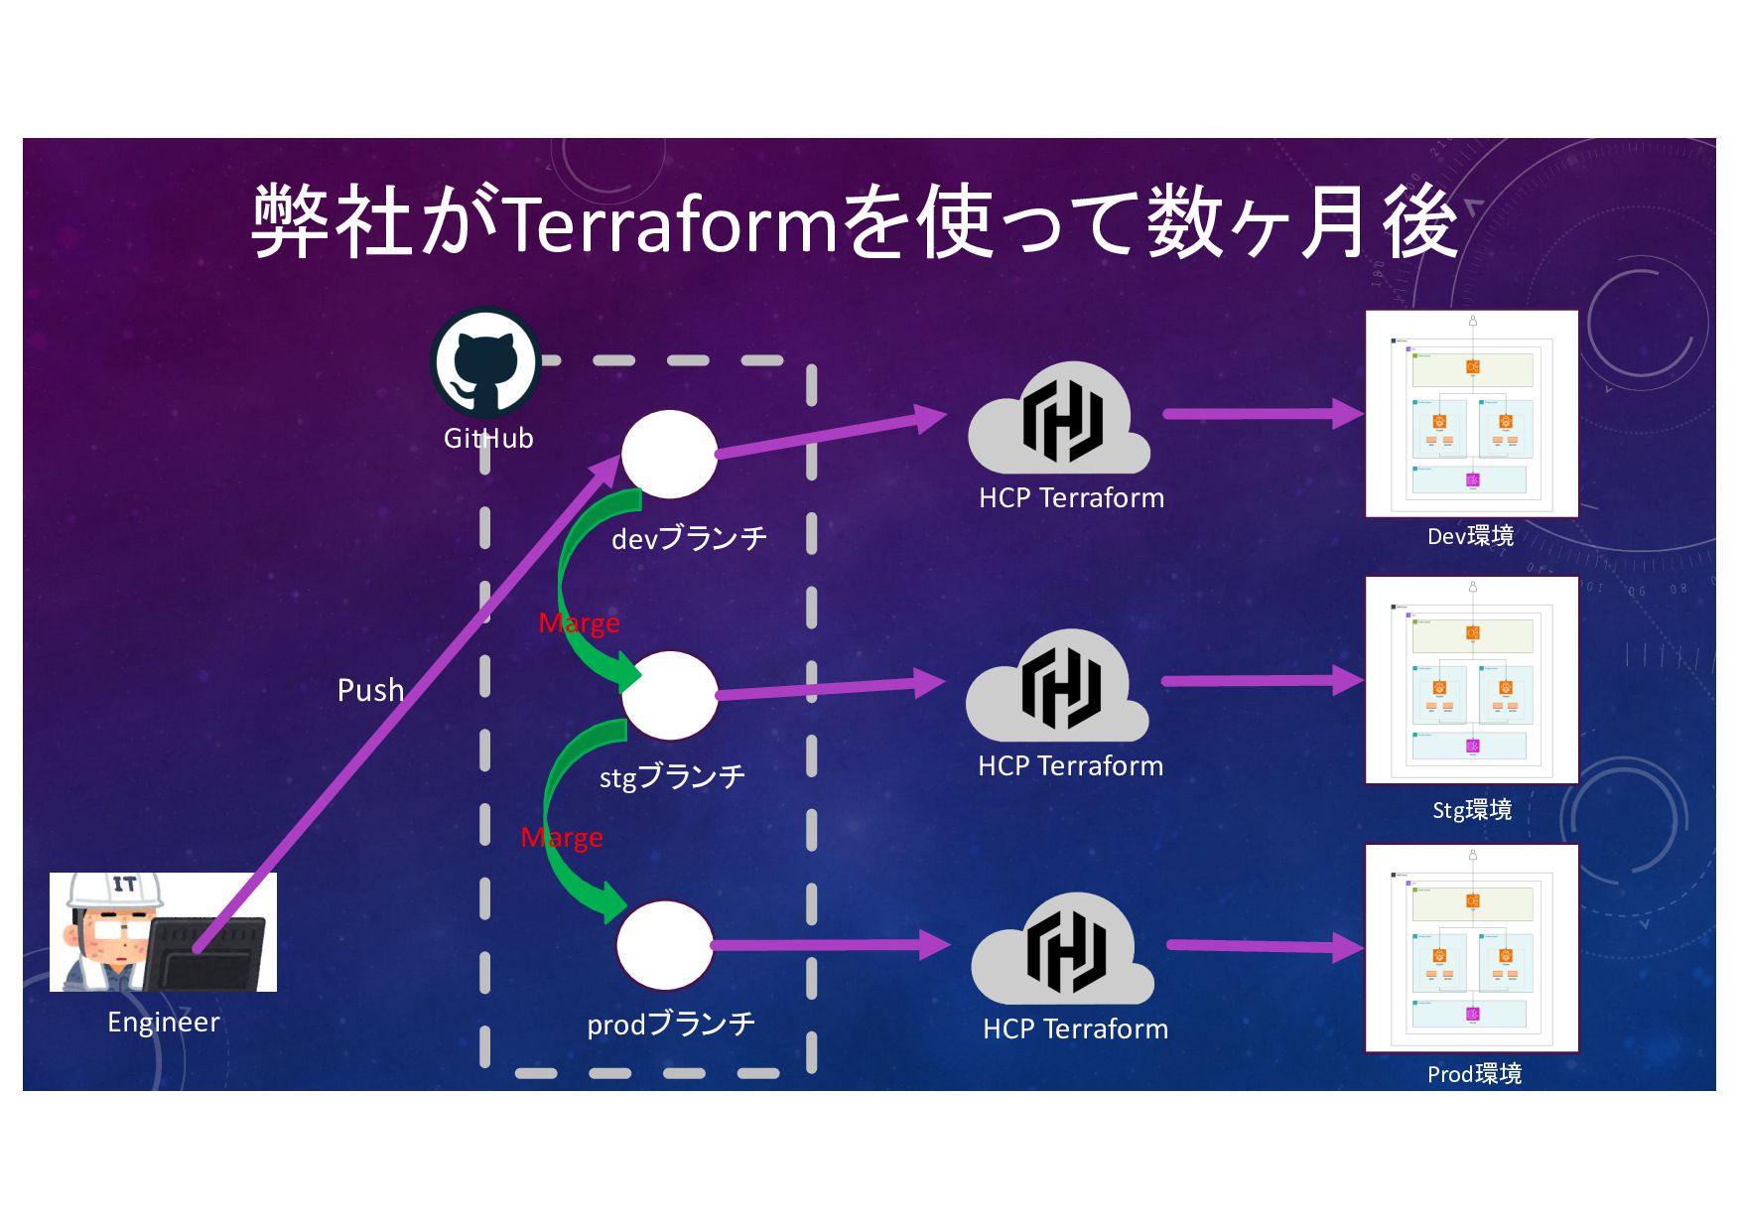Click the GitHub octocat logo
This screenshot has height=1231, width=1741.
point(485,363)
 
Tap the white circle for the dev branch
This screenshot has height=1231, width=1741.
point(669,454)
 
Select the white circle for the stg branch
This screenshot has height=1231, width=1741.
point(669,695)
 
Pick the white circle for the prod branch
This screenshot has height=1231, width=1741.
point(664,945)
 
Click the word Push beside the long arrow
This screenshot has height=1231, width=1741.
point(370,690)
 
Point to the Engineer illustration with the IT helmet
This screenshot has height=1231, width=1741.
point(163,931)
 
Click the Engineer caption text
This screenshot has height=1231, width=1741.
point(163,1022)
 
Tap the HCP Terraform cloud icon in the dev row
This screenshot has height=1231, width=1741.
point(1059,421)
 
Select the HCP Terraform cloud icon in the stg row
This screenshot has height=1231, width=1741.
point(1058,688)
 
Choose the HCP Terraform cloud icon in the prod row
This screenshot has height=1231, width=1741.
point(1062,952)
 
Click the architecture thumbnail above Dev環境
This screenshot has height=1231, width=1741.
point(1471,414)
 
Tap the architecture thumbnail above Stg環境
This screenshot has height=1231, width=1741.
point(1471,680)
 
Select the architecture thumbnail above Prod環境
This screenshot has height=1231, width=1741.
point(1471,948)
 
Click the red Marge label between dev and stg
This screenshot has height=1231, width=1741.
point(579,622)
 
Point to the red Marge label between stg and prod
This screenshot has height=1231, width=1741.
point(562,838)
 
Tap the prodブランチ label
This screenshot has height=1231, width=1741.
point(671,1024)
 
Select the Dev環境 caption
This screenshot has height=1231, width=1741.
point(1470,536)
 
